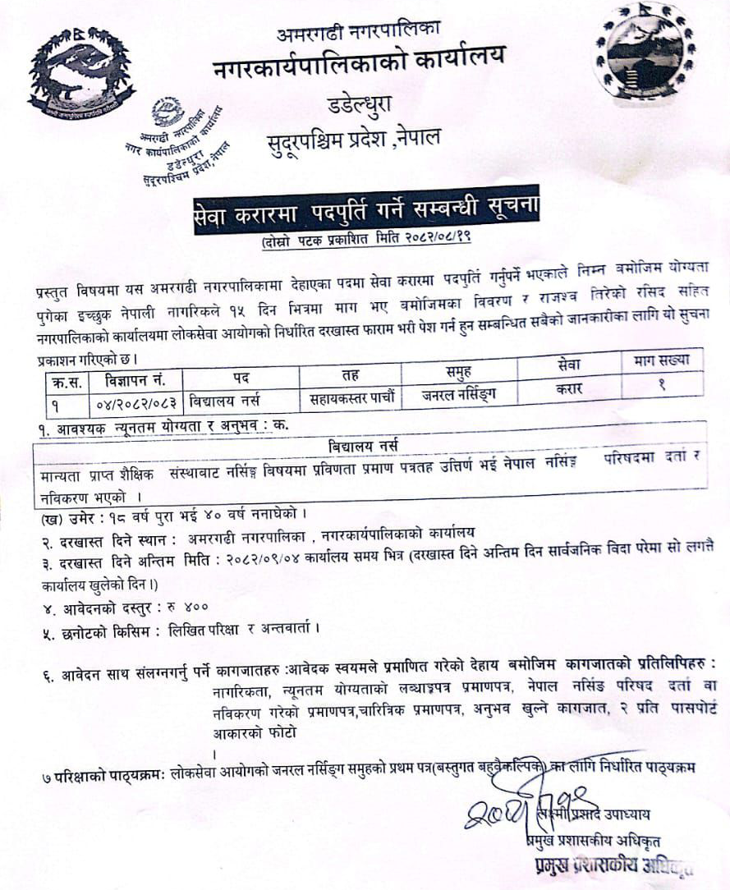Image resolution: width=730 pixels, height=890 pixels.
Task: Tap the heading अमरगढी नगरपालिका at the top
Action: pos(358,33)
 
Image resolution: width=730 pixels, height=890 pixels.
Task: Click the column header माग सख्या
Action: pos(662,360)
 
